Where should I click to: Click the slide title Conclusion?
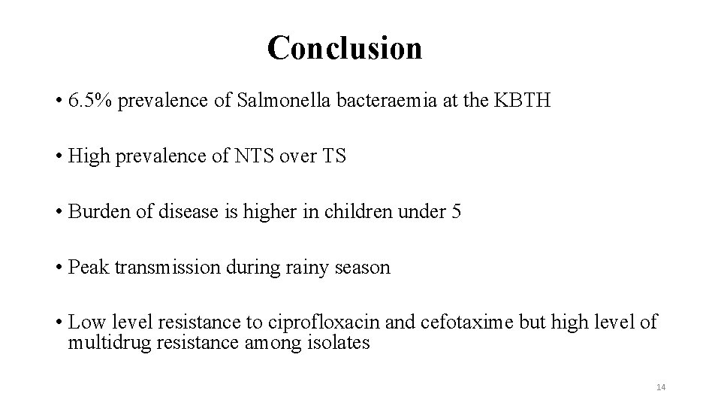pyautogui.click(x=345, y=48)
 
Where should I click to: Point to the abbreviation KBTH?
pyautogui.click(x=523, y=101)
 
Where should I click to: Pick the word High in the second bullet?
pyautogui.click(x=87, y=156)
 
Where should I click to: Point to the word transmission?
pyautogui.click(x=167, y=268)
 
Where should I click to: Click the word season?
pyautogui.click(x=363, y=268)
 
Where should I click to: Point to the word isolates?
pyautogui.click(x=338, y=343)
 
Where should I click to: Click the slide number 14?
pyautogui.click(x=661, y=386)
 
